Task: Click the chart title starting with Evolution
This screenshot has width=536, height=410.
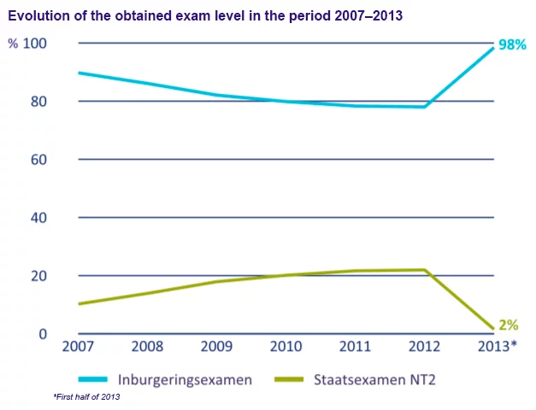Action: point(205,16)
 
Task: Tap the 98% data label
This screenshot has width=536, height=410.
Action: point(512,44)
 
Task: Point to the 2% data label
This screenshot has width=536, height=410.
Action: point(508,325)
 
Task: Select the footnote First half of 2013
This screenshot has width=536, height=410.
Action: point(88,398)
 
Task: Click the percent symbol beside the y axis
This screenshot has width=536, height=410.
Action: point(13,44)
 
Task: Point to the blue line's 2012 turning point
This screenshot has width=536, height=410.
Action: point(424,107)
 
